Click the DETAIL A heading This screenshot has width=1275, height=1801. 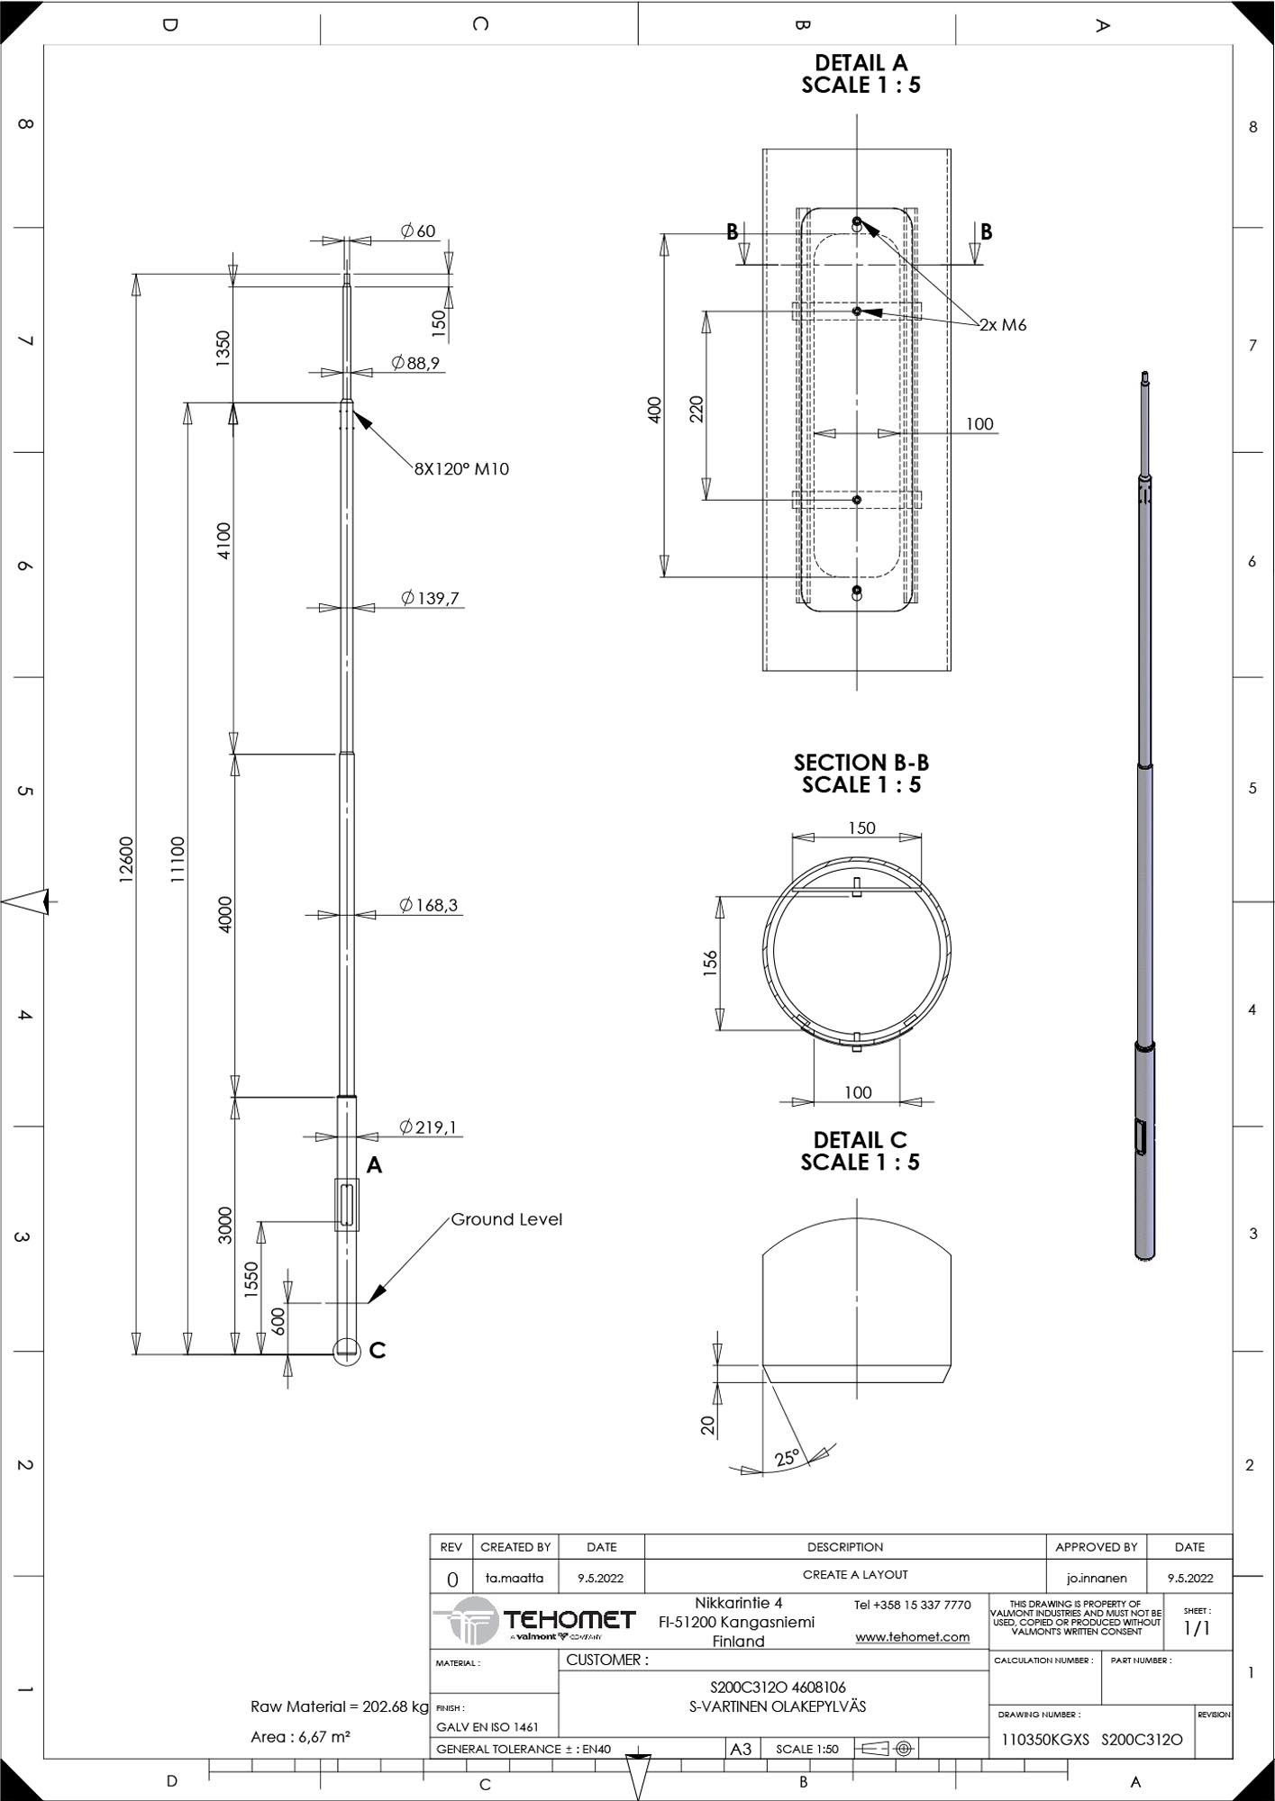coord(861,62)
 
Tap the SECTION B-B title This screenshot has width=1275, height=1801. coord(861,762)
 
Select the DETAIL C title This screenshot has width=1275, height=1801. coord(860,1140)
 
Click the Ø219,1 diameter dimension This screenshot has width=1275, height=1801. coord(428,1127)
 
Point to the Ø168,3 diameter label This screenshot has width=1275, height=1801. coord(430,905)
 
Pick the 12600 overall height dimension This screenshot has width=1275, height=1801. coord(126,860)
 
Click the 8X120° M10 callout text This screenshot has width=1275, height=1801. coord(461,468)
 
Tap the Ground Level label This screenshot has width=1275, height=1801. coord(506,1219)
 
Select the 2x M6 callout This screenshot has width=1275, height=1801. coord(1003,325)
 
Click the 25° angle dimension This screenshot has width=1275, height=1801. coord(787,1457)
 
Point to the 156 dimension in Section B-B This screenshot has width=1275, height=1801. coord(710,963)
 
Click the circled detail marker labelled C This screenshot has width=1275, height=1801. coord(347,1350)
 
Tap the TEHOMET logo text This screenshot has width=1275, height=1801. coord(569,1619)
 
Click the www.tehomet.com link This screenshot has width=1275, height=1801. coord(912,1636)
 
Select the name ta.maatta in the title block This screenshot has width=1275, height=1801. coord(515,1578)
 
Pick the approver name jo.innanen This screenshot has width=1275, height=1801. coord(1097,1578)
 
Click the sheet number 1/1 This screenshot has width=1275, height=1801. coord(1196,1627)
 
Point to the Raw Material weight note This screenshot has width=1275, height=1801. coord(340,1706)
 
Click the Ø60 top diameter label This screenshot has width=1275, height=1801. coord(418,231)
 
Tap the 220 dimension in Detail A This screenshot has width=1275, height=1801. coord(697,409)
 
